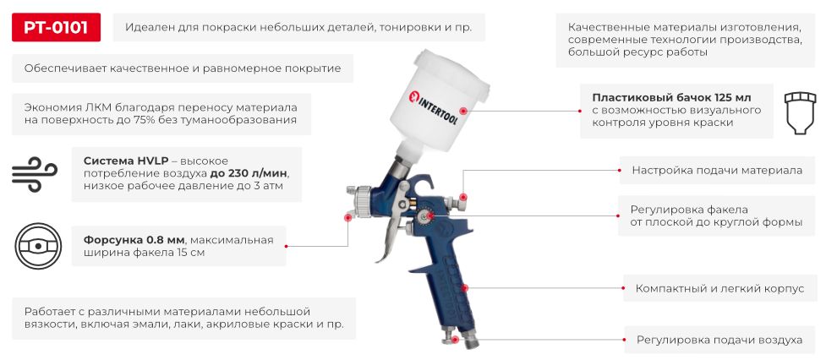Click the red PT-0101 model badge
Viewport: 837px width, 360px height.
(56, 27)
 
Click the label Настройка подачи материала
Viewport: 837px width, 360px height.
(717, 170)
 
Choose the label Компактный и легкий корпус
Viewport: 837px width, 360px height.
(719, 288)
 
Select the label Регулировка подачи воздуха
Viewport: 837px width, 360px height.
(719, 340)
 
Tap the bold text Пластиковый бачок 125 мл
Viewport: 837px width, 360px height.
(671, 96)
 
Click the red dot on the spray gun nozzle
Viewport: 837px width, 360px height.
(348, 217)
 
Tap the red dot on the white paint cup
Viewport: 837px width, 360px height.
(462, 111)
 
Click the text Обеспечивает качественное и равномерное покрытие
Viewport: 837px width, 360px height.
(183, 68)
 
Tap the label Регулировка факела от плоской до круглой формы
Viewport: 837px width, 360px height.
(716, 216)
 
